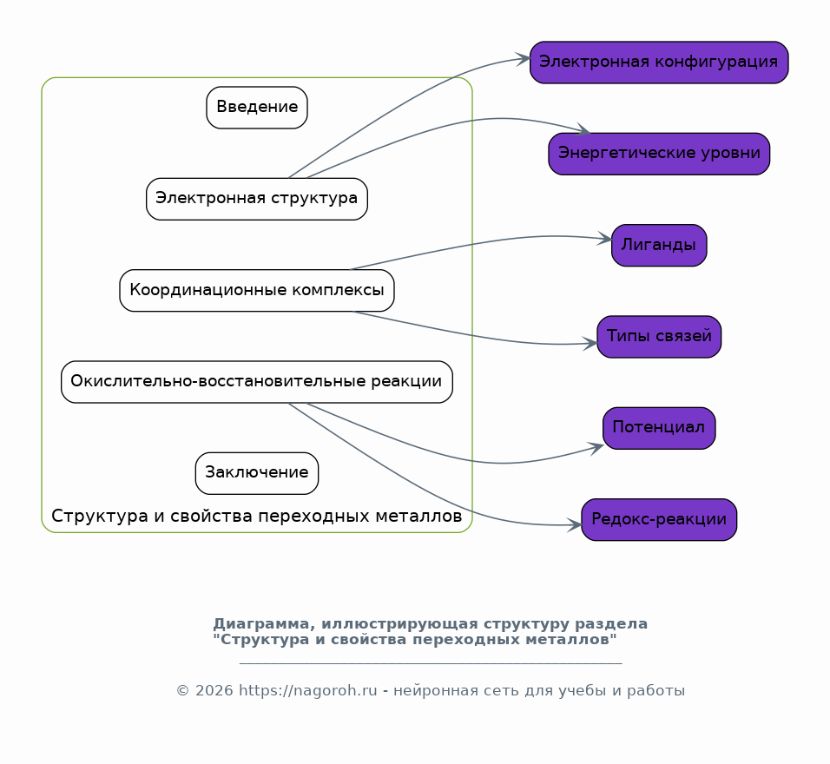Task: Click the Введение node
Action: tap(257, 108)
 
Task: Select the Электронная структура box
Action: tap(257, 199)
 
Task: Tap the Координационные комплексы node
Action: tap(257, 291)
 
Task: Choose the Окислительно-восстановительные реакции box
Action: tap(257, 382)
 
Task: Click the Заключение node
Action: tap(257, 473)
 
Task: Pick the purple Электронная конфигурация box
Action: tap(659, 63)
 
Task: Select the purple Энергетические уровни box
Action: tap(659, 154)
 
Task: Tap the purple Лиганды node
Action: tap(659, 246)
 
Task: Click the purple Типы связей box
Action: tap(659, 337)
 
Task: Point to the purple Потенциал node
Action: tap(659, 428)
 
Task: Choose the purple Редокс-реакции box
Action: tap(659, 520)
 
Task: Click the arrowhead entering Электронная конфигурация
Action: tap(524, 59)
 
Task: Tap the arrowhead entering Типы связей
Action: tap(591, 344)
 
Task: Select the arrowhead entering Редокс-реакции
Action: tap(575, 525)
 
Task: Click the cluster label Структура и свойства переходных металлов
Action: tap(257, 517)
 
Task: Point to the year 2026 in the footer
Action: tap(211, 691)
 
